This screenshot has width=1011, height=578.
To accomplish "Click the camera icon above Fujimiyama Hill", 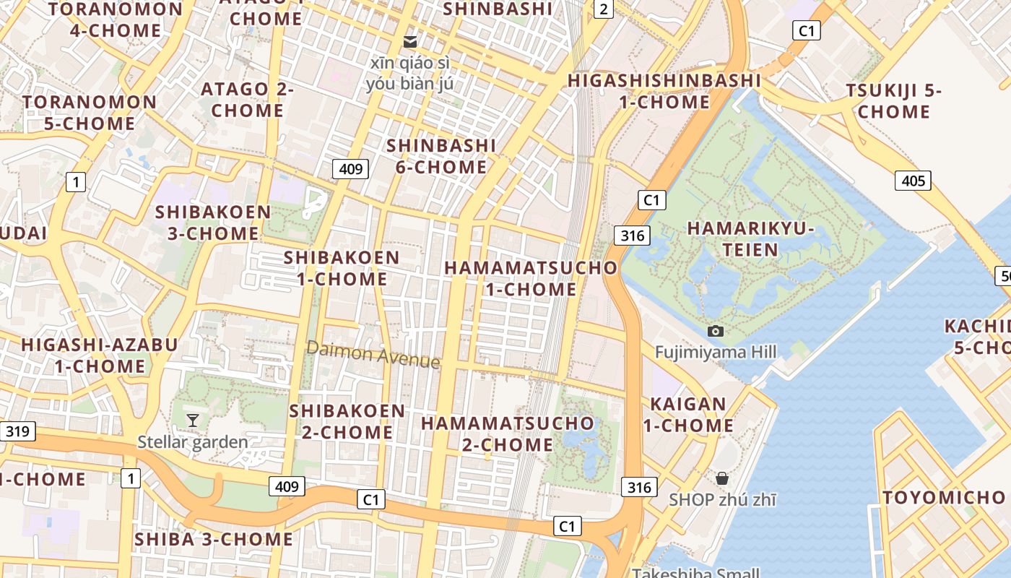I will pos(716,331).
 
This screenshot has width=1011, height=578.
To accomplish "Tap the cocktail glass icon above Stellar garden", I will pos(193,420).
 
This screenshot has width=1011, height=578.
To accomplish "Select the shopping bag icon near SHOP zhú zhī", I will pos(721,478).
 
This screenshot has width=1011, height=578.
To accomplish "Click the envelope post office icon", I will pos(410,41).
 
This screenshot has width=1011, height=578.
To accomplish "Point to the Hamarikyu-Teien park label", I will pos(750,239).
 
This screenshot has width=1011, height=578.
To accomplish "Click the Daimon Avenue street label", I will pos(373,354).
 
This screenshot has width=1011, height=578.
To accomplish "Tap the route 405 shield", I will pos(913,181).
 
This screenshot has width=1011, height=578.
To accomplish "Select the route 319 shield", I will pos(17,431).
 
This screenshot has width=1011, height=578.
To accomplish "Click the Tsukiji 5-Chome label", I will pos(894,101).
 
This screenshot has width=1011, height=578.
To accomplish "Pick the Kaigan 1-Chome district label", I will pos(688,415).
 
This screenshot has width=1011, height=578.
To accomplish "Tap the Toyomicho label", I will pos(944,497).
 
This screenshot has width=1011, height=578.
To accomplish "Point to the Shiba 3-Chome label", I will pos(214,539).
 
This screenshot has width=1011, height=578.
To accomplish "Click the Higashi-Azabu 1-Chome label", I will pos(100,355).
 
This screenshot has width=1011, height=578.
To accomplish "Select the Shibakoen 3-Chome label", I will pos(213,223).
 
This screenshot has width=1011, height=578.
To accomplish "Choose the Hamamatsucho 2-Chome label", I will pos(508,433).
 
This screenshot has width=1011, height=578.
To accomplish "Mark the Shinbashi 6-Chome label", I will pos(441,155).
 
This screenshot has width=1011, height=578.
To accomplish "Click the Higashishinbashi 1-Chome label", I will pos(664,90).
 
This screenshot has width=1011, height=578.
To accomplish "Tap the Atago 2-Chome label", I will pos(247,100).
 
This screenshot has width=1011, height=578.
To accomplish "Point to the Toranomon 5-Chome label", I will pos(90,112).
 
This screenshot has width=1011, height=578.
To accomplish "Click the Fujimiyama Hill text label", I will pos(716,352).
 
